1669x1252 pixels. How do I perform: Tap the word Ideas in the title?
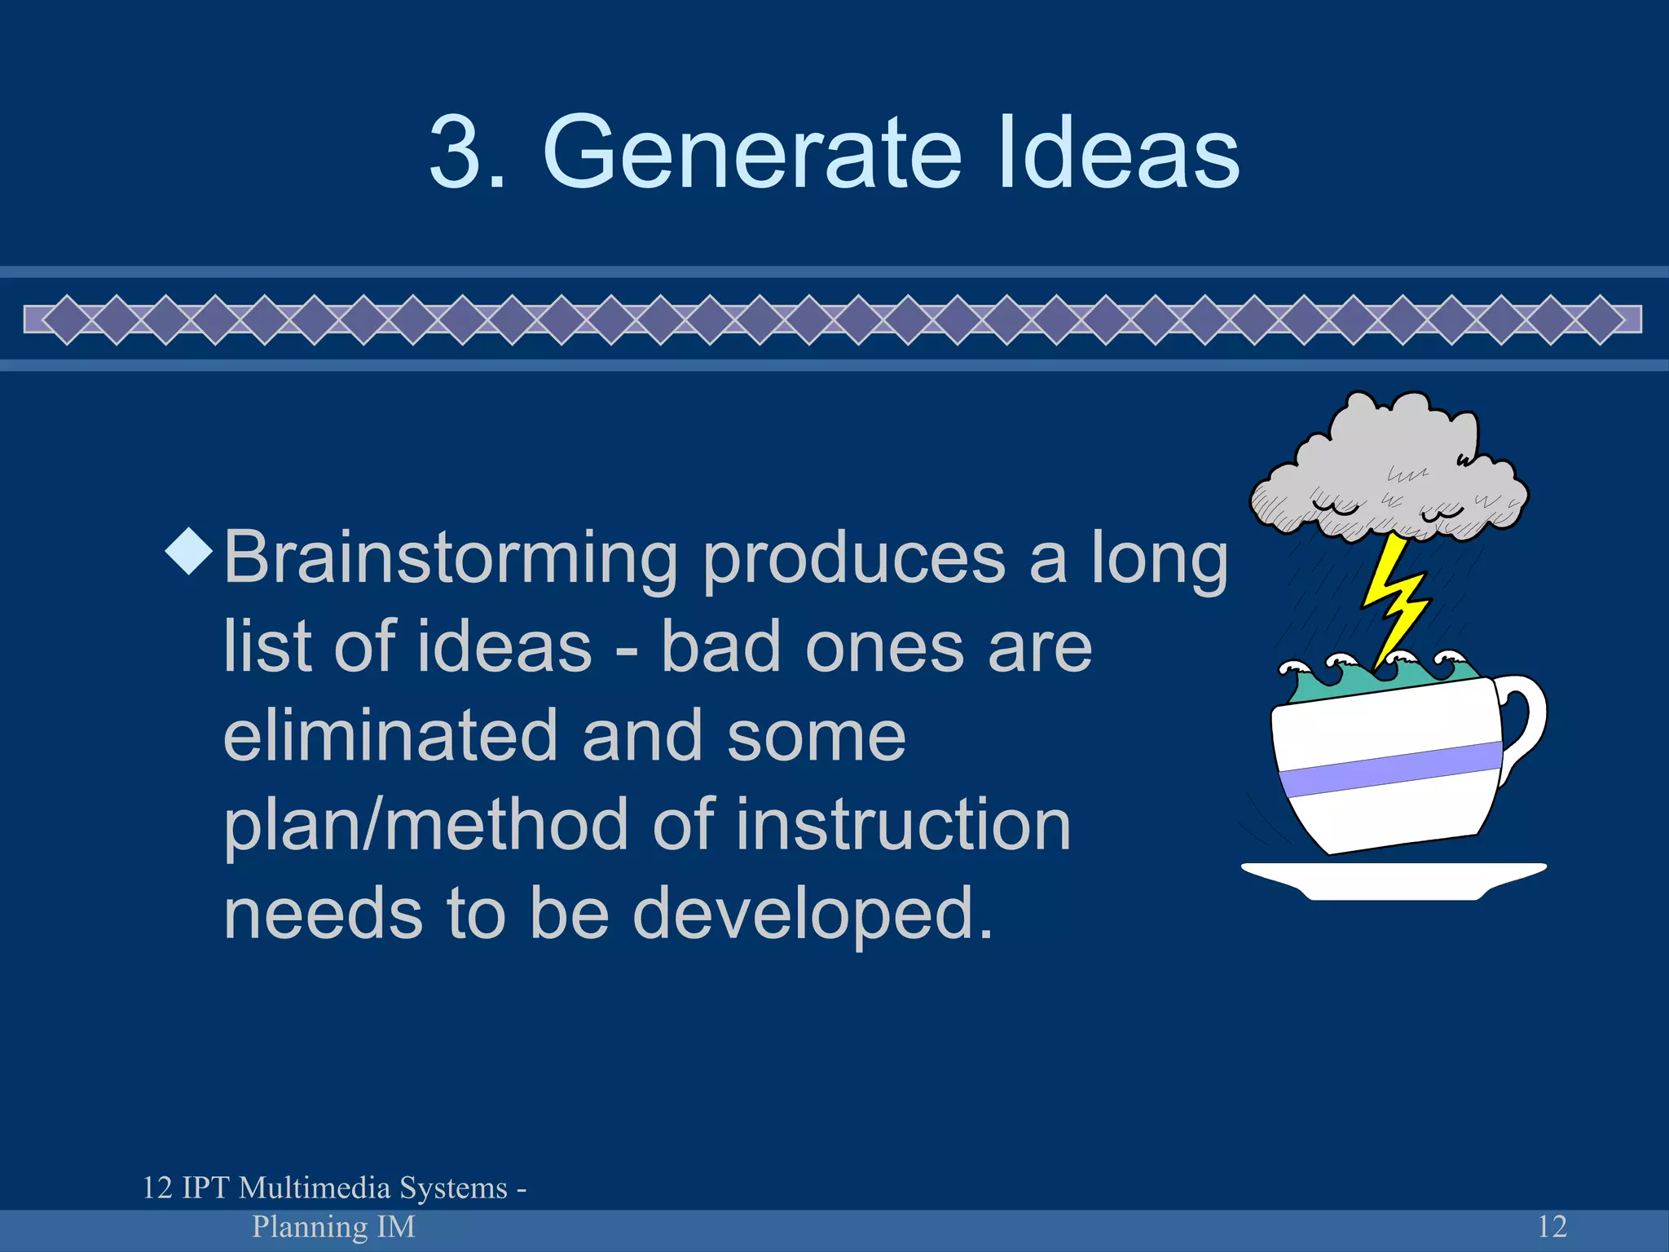[x=1117, y=152]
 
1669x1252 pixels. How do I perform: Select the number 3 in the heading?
[x=456, y=152]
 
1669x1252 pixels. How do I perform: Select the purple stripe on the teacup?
[x=1389, y=768]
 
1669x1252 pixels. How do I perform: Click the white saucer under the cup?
[x=1394, y=880]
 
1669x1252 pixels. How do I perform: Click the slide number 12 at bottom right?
[x=1552, y=1226]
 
